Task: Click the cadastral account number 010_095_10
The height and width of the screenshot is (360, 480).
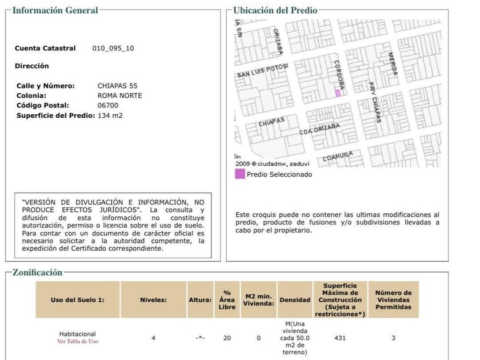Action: [113, 49]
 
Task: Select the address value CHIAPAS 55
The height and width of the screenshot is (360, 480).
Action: [117, 86]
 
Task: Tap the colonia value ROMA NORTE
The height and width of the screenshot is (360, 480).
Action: [119, 95]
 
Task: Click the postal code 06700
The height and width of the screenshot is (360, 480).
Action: [108, 105]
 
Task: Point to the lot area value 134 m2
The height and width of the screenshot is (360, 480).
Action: [110, 115]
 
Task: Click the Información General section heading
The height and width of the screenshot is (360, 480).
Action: [55, 10]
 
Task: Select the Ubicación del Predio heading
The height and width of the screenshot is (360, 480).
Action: [275, 10]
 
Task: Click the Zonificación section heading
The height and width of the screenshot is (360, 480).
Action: [37, 273]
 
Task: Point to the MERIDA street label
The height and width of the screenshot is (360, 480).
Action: [392, 65]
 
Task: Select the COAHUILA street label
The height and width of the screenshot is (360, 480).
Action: [335, 157]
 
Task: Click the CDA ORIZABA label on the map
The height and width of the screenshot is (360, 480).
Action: [320, 129]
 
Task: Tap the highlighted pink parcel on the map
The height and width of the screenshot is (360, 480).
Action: [338, 93]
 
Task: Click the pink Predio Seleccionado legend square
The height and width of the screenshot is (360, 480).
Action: [239, 174]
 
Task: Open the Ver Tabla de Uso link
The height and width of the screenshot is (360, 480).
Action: [78, 341]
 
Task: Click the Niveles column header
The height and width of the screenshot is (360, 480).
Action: [153, 300]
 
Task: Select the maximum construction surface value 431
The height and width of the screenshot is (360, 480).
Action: [340, 338]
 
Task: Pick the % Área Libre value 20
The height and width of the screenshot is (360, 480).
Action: [227, 338]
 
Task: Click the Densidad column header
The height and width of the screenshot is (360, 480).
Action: [295, 300]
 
